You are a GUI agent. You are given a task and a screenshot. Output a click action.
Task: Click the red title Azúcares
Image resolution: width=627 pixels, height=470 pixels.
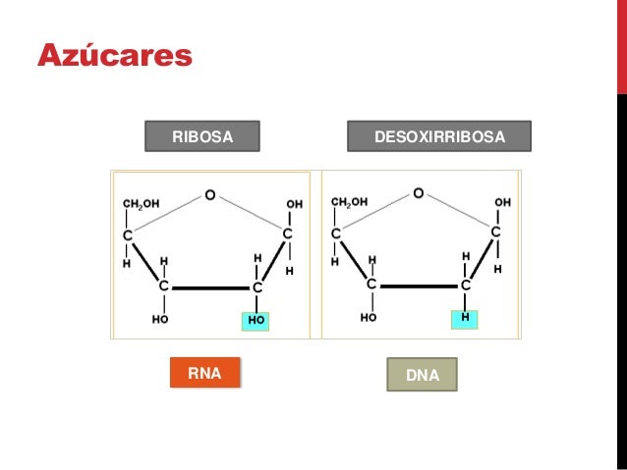(115, 55)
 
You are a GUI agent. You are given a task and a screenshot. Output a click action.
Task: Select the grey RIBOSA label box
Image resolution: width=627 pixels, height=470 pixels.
(202, 136)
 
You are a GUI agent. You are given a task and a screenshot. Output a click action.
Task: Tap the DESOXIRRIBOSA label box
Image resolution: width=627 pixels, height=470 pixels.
(439, 136)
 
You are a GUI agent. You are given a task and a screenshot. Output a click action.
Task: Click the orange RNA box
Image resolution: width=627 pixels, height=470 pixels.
(205, 373)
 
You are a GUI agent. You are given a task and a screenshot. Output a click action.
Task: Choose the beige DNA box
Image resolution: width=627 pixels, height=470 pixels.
(422, 375)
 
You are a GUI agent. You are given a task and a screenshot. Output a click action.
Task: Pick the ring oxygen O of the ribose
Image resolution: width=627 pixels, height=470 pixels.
(210, 195)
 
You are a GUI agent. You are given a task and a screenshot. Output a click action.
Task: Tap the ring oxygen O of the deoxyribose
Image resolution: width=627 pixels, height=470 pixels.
(419, 193)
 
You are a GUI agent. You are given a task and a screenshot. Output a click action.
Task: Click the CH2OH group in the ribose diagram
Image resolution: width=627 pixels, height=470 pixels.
(142, 204)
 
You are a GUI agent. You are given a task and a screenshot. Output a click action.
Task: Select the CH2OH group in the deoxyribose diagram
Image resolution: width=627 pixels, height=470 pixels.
(349, 202)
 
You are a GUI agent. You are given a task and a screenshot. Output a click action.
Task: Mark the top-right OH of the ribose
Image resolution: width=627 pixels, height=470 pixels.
(294, 204)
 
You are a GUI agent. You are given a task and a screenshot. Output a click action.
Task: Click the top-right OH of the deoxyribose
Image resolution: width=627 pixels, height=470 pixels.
(502, 202)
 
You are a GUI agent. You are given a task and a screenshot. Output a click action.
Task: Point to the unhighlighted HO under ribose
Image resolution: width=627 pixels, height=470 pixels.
(160, 319)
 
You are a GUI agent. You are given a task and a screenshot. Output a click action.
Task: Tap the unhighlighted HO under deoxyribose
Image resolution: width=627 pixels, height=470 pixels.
(369, 318)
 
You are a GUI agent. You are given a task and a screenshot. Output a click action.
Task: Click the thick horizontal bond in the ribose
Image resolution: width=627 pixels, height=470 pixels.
(210, 287)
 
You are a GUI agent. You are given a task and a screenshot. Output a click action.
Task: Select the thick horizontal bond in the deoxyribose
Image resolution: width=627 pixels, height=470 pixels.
(419, 287)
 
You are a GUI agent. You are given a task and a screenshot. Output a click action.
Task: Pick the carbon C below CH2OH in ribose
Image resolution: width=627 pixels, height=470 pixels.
(128, 235)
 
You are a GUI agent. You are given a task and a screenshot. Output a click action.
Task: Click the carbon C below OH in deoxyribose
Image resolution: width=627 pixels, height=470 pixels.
(496, 232)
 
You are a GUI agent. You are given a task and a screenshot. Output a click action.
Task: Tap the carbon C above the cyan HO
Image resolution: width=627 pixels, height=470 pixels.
(257, 287)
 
